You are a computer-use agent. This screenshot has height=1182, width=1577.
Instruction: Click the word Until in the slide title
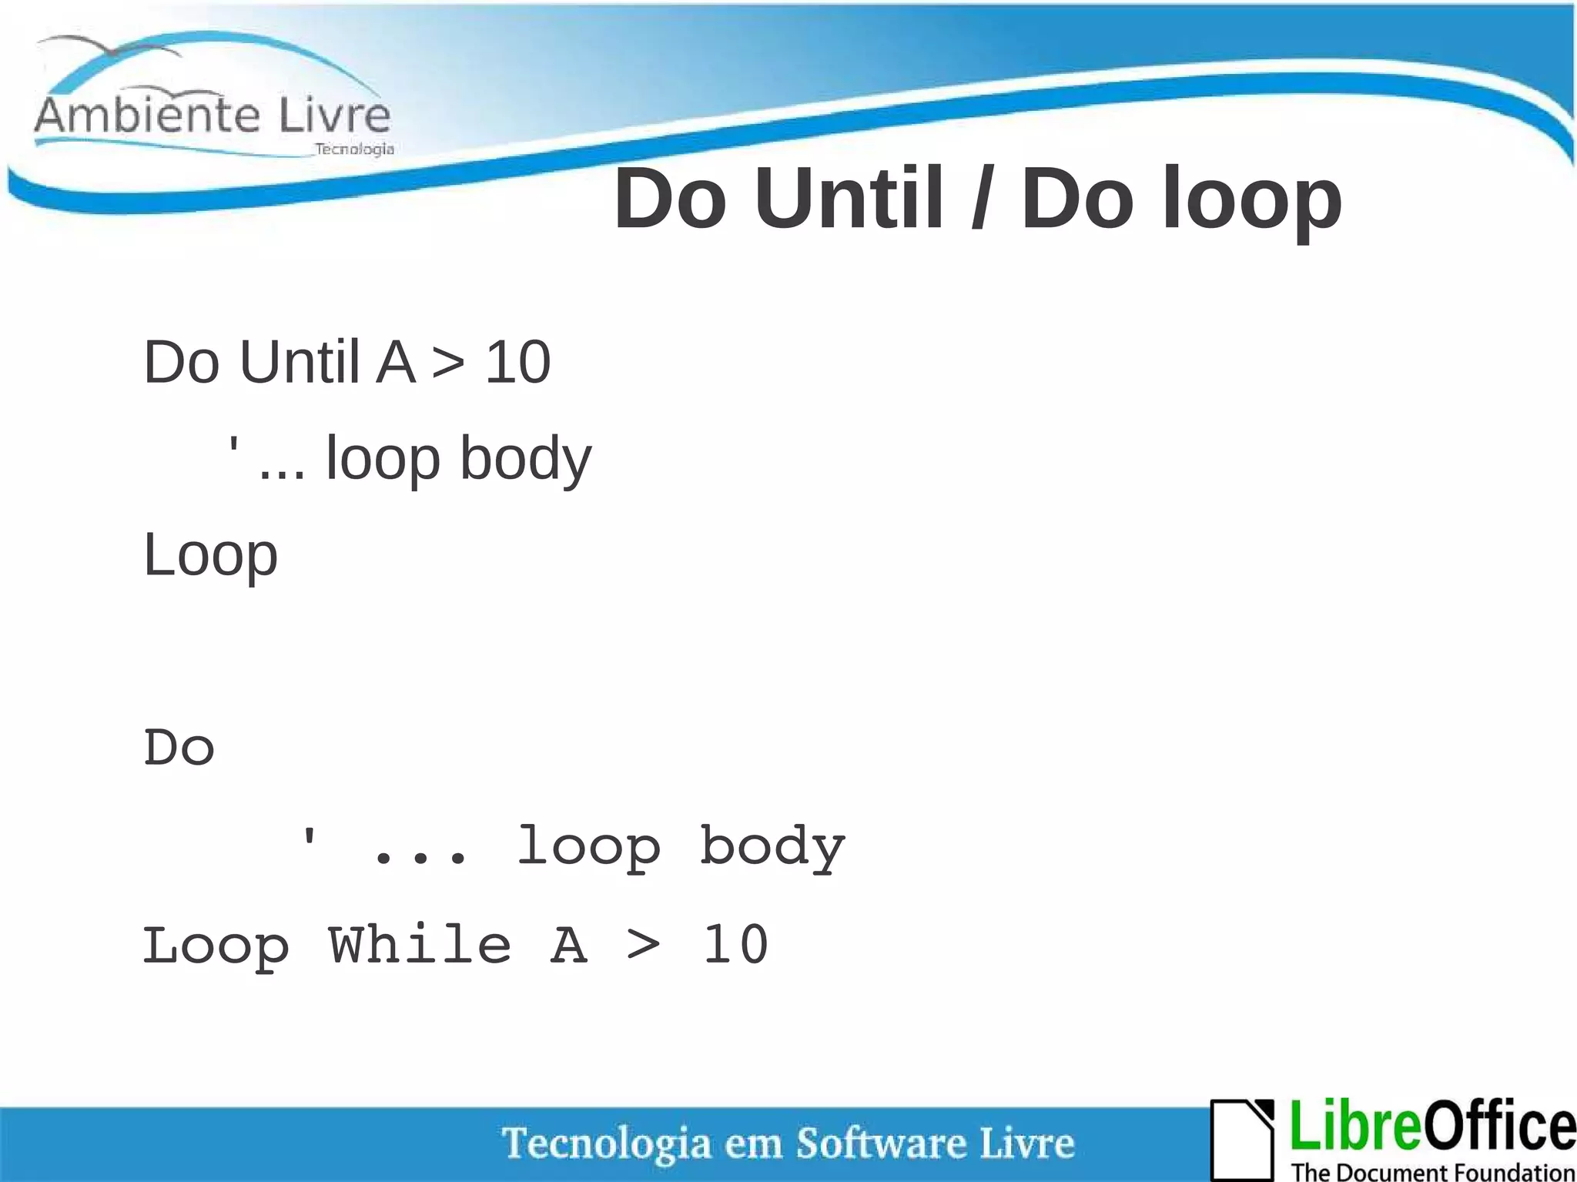point(849,199)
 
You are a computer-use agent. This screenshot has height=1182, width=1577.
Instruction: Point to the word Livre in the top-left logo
point(334,116)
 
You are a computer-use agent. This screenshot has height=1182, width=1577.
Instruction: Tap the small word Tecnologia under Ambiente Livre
point(354,149)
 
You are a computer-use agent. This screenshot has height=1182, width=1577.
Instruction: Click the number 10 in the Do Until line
point(517,362)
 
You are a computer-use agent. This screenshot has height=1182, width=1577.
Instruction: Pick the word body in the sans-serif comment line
point(526,459)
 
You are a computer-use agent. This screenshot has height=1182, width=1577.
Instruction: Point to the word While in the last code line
point(420,945)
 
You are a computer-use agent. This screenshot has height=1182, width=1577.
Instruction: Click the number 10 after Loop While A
point(735,945)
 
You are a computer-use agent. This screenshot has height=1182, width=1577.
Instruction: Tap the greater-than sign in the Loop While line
point(644,946)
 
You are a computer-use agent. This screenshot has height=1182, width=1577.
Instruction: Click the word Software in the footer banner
point(881,1143)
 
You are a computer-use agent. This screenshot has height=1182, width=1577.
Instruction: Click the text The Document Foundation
point(1433,1171)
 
